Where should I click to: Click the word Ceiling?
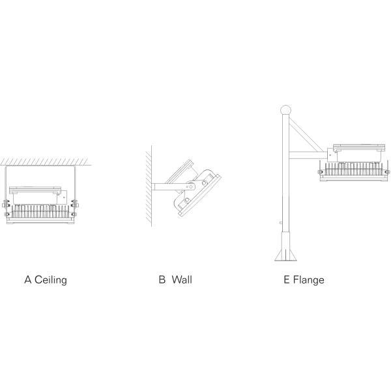(x=51, y=280)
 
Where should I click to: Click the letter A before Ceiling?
(x=28, y=280)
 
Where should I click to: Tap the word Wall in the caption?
(x=182, y=280)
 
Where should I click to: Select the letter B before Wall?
(x=162, y=280)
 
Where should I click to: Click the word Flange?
(x=309, y=280)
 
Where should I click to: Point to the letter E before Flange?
(x=286, y=280)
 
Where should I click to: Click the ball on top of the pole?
(x=284, y=110)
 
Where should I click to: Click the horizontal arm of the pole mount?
(x=306, y=155)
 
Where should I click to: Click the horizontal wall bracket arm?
(x=166, y=188)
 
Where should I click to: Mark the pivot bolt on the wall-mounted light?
(x=190, y=187)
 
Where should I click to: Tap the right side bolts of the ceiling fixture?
(x=76, y=207)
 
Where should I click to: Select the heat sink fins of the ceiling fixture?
(x=41, y=211)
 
